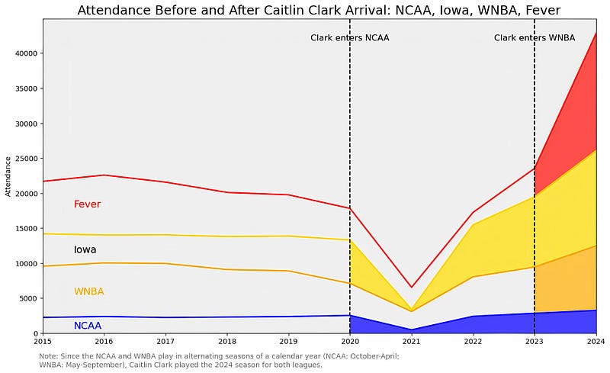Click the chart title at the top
point(319,10)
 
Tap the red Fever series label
point(87,204)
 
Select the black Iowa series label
point(85,249)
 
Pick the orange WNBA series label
point(88,291)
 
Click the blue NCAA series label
point(88,326)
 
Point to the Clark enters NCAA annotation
point(350,38)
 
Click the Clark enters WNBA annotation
point(535,38)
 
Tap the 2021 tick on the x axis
point(411,342)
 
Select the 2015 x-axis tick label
point(43,342)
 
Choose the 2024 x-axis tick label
point(596,342)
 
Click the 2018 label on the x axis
point(227,342)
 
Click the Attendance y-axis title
point(8,176)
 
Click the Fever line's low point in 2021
point(411,288)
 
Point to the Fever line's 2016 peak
point(104,175)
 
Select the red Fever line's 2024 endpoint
point(596,33)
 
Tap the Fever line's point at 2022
point(473,212)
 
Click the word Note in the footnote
point(48,356)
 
